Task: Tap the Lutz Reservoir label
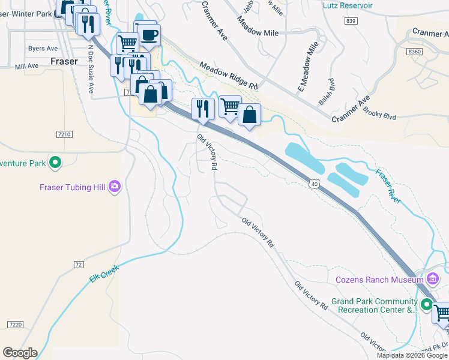point(348,5)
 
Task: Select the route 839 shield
point(351,21)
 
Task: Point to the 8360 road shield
point(415,52)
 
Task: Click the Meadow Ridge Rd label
point(229,77)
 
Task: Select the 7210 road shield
point(64,134)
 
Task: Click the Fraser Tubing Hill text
point(73,187)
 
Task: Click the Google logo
point(20,353)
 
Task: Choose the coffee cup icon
point(148,35)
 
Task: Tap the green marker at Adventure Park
point(55,163)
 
